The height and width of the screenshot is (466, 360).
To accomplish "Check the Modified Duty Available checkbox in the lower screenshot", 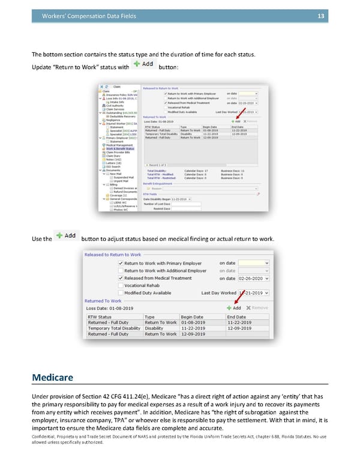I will tap(121, 292).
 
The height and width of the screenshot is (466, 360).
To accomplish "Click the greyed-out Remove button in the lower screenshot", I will tap(256, 307).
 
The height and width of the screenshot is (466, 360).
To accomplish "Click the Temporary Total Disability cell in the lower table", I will tap(115, 328).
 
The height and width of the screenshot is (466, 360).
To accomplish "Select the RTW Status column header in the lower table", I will tap(100, 316).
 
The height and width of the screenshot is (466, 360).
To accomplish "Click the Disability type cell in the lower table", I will tap(154, 328).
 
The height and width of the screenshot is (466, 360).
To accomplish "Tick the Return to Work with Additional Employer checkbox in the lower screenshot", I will tap(121, 271).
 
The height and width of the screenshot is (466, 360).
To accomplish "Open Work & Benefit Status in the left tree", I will tap(120, 148).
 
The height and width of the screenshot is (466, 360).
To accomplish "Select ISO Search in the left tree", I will tap(114, 166).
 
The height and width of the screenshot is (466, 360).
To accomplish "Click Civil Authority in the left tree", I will tap(116, 105).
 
